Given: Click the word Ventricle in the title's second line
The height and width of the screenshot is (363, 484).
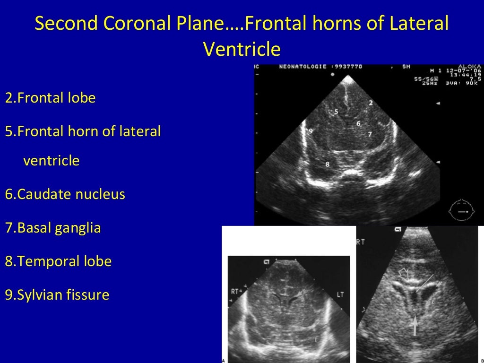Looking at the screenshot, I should click(x=242, y=48).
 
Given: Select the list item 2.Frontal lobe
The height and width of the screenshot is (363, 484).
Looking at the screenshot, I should click(x=50, y=98).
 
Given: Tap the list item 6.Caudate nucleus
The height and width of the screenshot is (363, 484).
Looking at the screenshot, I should click(x=65, y=194).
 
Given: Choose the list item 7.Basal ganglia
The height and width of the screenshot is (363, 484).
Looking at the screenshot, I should click(x=53, y=228).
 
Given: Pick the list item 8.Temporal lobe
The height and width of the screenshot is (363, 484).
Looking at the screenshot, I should click(x=58, y=261).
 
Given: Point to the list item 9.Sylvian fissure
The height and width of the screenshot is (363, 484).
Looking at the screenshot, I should click(x=57, y=295).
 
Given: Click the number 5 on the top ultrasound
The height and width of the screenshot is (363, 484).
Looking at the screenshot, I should click(x=336, y=112).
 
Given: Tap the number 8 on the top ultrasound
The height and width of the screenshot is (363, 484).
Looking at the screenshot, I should click(x=327, y=164).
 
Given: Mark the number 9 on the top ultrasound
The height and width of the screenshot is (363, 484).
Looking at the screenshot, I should click(x=311, y=130).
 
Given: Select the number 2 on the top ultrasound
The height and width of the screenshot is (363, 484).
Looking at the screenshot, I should click(x=371, y=103).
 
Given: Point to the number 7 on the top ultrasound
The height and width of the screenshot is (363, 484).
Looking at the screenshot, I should click(x=370, y=134).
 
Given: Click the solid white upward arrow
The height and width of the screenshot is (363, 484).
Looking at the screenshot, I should click(x=415, y=325).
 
